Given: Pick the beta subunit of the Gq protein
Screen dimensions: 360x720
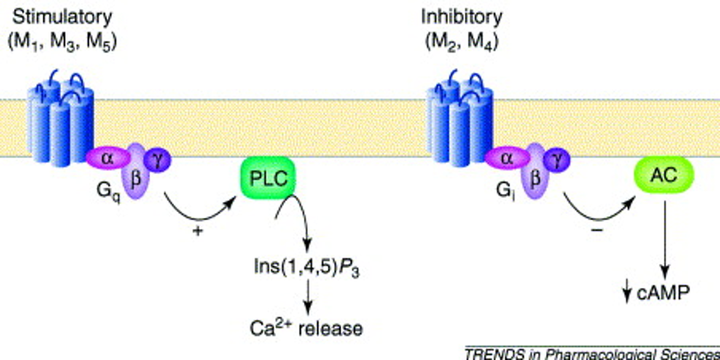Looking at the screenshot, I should tap(135, 177).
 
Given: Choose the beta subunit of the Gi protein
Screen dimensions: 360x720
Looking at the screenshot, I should tap(534, 177).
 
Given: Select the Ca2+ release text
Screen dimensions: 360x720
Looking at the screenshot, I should tap(305, 329).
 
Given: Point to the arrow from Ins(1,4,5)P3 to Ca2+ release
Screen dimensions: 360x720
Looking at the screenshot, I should tap(308, 297).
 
